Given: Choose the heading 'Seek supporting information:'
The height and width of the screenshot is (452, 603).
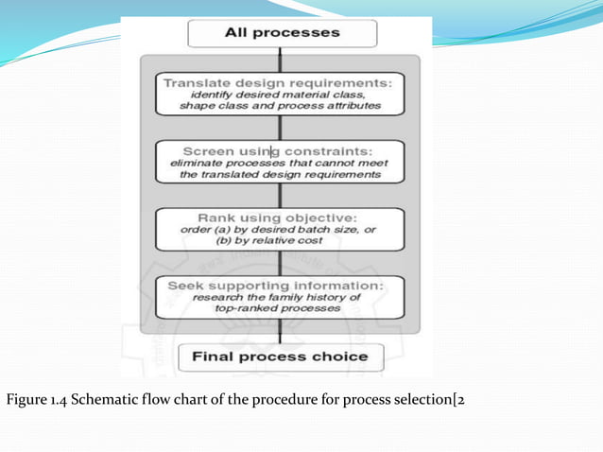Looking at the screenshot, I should pos(276,285).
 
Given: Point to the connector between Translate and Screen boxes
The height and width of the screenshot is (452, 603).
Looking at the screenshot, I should pos(277,128).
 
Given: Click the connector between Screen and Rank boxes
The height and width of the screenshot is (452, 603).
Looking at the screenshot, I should pos(277,195).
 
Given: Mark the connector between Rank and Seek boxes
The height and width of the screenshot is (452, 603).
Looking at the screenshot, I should pos(277,262).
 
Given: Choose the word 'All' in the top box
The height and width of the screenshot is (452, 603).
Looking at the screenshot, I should pos(237,33).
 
